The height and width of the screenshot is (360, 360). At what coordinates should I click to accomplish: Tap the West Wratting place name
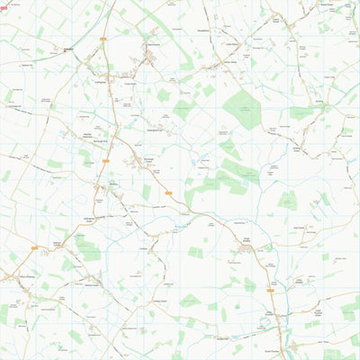[x=17, y=276]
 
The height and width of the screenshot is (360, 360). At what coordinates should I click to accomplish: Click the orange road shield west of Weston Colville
[x=34, y=247]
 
